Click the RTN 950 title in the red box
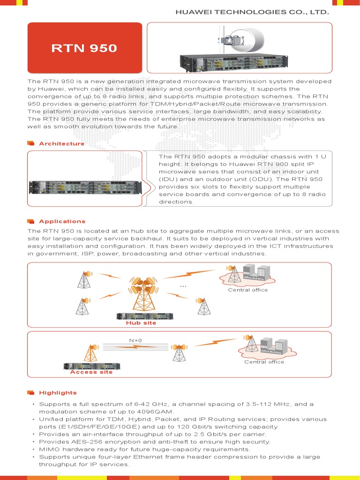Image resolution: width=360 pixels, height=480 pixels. pos(84,48)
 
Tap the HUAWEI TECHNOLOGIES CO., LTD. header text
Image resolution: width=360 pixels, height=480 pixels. pos(252,11)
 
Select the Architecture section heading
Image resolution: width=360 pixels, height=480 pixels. pos(62,143)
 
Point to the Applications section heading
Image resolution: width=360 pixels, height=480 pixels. pos(62,221)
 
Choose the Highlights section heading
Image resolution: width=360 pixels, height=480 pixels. pos(58,392)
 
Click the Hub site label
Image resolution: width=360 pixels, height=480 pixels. pos(141,323)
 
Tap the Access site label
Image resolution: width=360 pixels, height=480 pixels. pos(91,372)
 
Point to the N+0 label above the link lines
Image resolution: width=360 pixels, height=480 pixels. pos(135,340)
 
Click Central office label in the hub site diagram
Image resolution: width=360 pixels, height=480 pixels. pos(247,290)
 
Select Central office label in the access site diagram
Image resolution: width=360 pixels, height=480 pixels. pos(264,362)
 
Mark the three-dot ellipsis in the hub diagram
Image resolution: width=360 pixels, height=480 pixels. pos(183,285)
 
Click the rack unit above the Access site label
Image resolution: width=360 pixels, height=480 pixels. pos(91,365)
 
